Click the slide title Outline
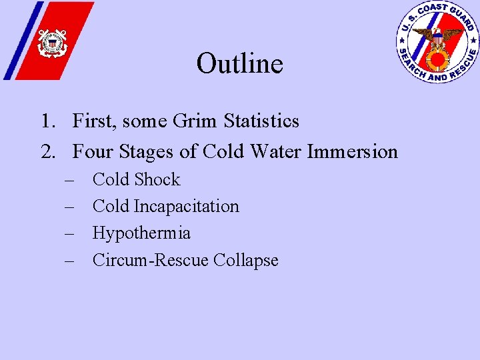[240, 64]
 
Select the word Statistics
[261, 121]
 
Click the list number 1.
[45, 121]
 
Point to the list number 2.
[45, 152]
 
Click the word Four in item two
[93, 152]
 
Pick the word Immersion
[352, 152]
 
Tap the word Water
[275, 152]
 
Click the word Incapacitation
[186, 207]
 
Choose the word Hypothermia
[141, 233]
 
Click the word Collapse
[245, 260]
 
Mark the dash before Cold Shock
[69, 180]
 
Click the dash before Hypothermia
[69, 234]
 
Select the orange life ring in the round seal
[437, 61]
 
